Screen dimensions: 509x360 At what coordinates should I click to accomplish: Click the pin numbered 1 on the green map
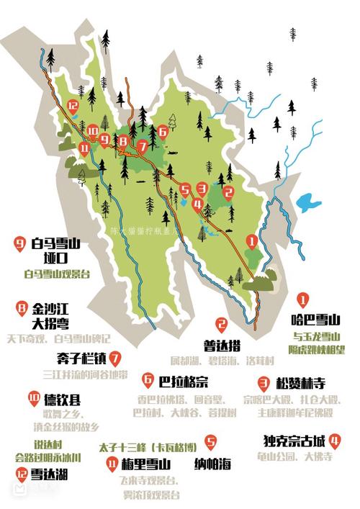[x=251, y=240]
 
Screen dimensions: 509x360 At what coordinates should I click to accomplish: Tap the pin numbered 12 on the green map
[x=72, y=107]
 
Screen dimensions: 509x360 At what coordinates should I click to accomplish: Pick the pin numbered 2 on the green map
[x=228, y=192]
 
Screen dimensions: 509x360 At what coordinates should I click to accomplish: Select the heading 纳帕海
[x=210, y=463]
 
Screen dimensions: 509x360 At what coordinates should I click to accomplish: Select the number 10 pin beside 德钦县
[x=33, y=397]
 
